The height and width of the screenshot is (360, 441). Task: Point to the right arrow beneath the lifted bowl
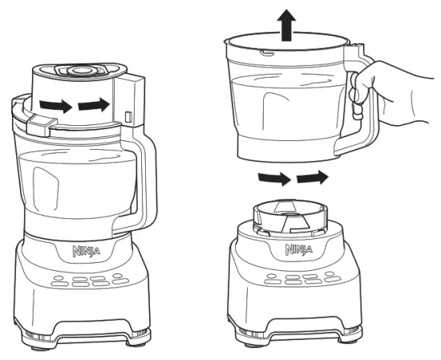pos(312,175)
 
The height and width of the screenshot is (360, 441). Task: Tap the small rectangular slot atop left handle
pos(128,118)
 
